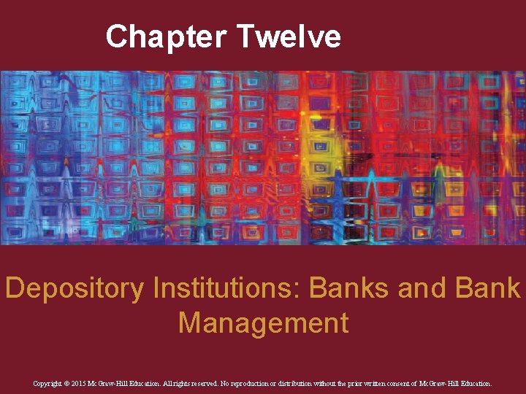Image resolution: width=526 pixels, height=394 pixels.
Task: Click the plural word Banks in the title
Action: click(x=350, y=289)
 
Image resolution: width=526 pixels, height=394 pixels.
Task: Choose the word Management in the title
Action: click(x=263, y=322)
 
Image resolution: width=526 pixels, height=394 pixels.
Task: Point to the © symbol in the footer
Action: click(x=72, y=382)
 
